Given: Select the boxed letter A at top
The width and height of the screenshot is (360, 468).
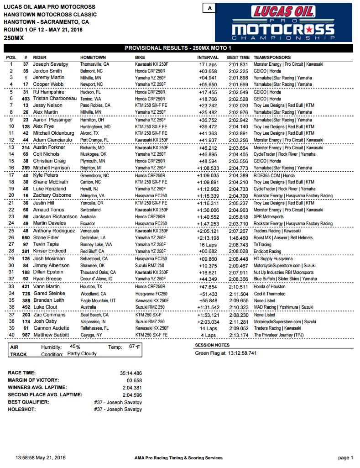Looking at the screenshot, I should [209, 8].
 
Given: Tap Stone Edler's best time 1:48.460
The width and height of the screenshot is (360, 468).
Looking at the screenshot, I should [238, 238].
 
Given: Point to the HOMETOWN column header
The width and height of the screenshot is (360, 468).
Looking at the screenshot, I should [93, 58].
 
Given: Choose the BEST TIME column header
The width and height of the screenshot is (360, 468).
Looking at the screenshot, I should [238, 58].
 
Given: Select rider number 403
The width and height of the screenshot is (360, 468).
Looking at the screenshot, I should [25, 99].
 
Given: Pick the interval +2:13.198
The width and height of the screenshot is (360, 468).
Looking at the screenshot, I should [209, 238].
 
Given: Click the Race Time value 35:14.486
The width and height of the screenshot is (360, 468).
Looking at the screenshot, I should [130, 373].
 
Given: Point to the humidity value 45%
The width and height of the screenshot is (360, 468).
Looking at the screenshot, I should [74, 347].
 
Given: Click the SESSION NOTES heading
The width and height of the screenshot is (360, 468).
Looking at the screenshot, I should [213, 345].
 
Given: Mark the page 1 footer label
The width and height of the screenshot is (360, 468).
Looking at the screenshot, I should [345, 457].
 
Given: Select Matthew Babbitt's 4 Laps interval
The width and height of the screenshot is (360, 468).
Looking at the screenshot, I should [209, 335].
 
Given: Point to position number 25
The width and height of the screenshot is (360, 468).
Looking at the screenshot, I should [11, 231].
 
